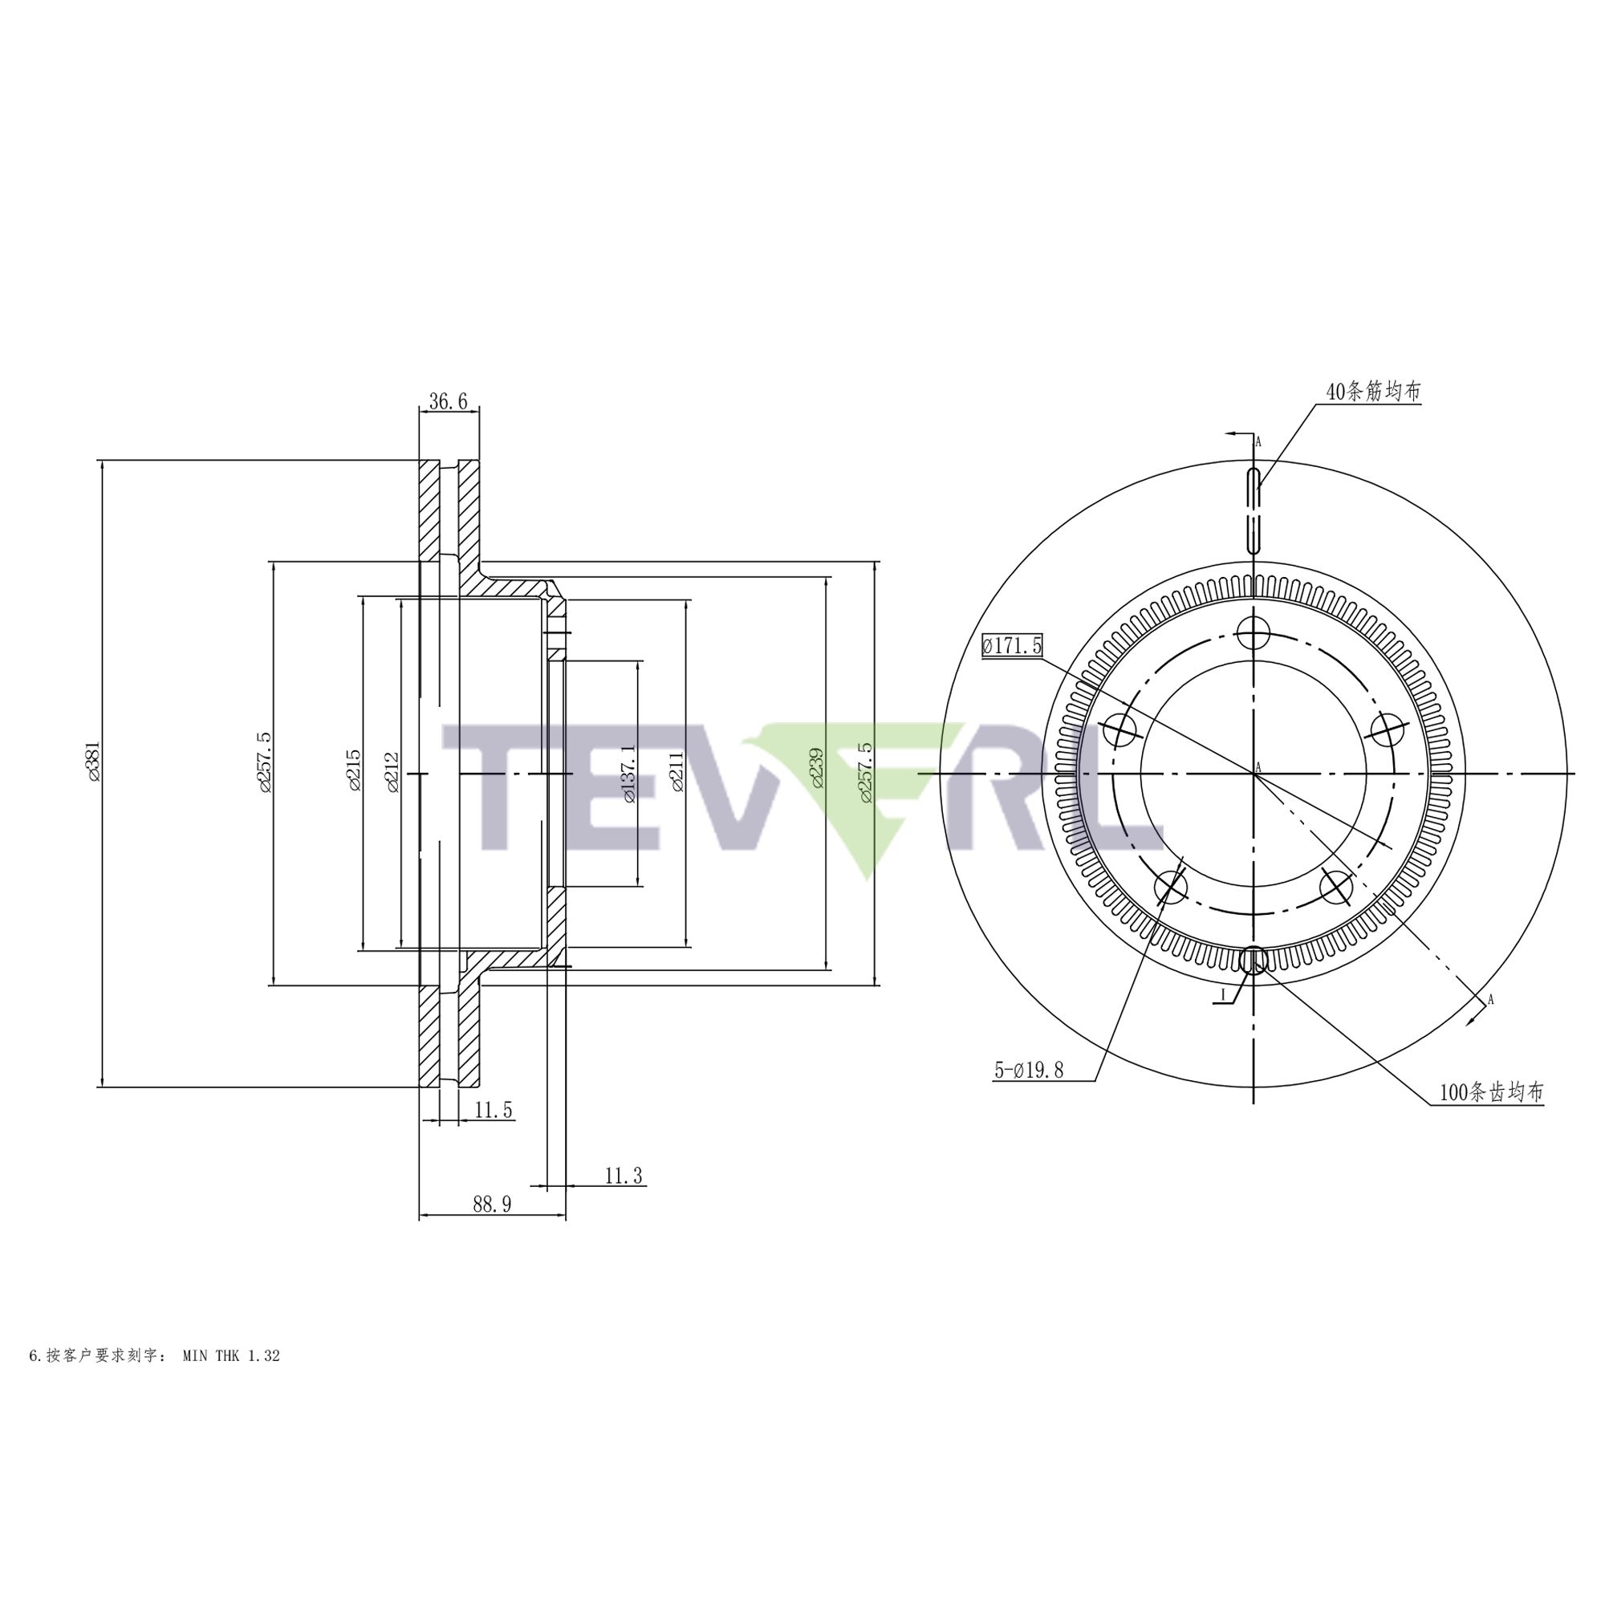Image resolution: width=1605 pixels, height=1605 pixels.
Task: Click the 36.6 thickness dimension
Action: coord(448,402)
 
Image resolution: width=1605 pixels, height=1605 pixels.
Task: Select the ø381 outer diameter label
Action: coord(93,761)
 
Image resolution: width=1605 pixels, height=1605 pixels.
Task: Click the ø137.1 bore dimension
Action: coord(629,774)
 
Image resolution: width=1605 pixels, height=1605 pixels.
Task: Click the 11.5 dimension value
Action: coord(494,1110)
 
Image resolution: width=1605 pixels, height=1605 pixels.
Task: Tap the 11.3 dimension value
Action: coord(623,1176)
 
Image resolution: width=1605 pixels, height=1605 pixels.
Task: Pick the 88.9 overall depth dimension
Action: coord(492,1205)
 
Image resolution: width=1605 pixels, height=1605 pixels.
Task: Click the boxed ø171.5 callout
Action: coord(1011,644)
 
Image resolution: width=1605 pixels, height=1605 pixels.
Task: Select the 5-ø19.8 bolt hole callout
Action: coord(1029,1071)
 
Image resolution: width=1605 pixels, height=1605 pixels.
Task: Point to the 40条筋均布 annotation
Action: coord(1373,392)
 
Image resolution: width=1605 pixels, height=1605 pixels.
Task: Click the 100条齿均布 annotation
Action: coord(1490,1092)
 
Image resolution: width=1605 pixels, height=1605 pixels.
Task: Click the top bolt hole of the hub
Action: coord(1253,635)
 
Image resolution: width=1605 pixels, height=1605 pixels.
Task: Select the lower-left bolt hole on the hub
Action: coord(1172,888)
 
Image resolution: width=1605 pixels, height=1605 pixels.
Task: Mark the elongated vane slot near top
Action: coord(1254,510)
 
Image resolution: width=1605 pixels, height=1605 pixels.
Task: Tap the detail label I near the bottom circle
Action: coord(1223,994)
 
